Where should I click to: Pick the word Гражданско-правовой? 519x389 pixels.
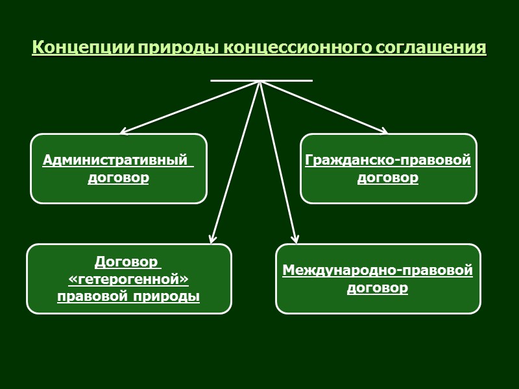(388, 159)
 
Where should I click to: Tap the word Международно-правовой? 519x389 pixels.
(378, 270)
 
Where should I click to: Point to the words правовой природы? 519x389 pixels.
(128, 296)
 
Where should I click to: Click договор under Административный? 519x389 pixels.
(118, 177)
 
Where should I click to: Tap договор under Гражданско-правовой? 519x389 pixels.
(388, 177)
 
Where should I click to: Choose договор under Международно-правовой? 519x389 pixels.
(378, 287)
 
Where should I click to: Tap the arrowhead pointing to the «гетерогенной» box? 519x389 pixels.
(212, 239)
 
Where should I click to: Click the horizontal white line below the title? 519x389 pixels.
(261, 80)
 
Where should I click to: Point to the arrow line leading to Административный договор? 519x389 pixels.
(191, 107)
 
